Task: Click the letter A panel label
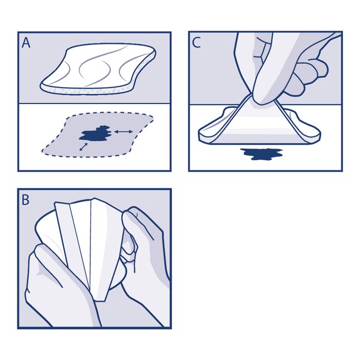pyautogui.click(x=26, y=43)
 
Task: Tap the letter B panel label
pyautogui.click(x=26, y=200)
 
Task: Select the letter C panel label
pyautogui.click(x=197, y=43)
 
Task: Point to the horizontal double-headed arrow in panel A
pyautogui.click(x=123, y=131)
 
